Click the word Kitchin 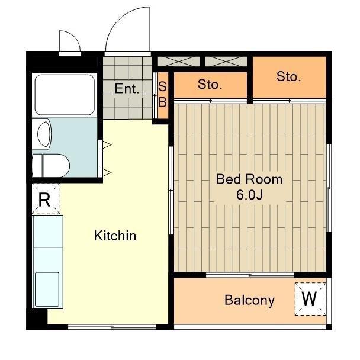(115, 236)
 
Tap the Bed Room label (249, 179)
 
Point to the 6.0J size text (249, 195)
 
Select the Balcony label (249, 300)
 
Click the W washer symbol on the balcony (310, 298)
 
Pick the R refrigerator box (46, 199)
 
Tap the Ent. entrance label (127, 89)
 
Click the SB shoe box (163, 95)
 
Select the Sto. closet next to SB (210, 85)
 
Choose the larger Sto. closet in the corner (290, 78)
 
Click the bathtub (65, 95)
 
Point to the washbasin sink (44, 134)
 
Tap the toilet (51, 166)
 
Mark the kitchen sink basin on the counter (47, 289)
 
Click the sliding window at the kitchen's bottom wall (112, 327)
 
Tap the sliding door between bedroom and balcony (250, 275)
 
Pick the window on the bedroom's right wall (329, 188)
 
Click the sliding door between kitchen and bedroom (171, 190)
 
